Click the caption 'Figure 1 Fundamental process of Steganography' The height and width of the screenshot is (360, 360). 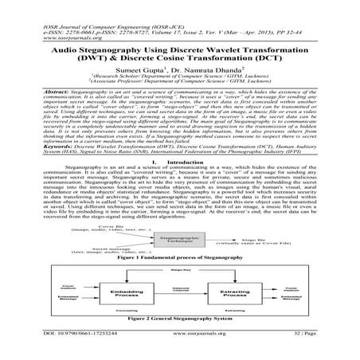(x=178, y=260)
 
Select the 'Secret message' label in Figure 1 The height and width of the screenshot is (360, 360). (x=104, y=245)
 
